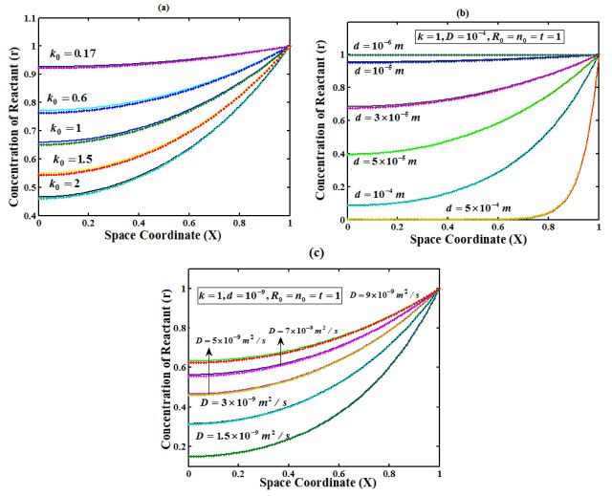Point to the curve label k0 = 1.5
click(x=74, y=160)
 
